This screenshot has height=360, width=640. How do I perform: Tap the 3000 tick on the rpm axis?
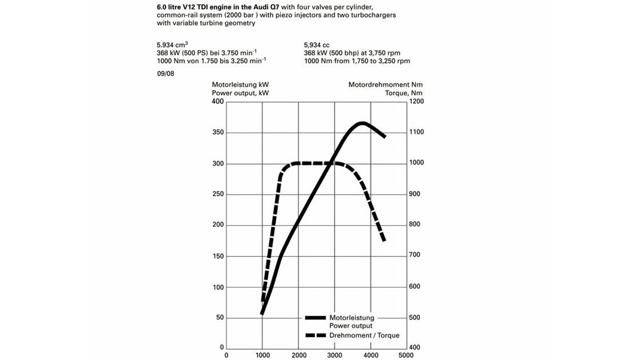tap(334, 355)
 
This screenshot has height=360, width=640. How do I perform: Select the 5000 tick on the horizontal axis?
tap(406, 355)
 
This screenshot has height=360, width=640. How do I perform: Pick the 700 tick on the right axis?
tap(416, 255)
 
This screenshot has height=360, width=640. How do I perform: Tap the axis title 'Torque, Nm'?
tap(403, 93)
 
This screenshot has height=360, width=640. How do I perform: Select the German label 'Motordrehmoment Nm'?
tap(385, 85)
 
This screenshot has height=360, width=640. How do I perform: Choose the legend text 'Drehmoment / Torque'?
tap(364, 335)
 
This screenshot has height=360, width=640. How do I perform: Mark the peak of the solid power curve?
tap(362, 122)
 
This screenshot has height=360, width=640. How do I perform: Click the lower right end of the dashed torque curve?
tap(384, 240)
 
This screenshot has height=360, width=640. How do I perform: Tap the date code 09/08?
tap(165, 73)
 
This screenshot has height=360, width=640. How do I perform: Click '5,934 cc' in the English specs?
tap(316, 45)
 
